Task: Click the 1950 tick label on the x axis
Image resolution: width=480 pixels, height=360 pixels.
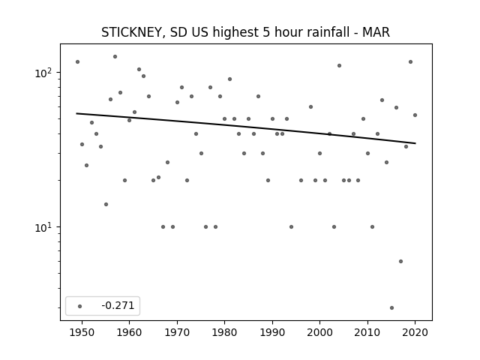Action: tap(82, 332)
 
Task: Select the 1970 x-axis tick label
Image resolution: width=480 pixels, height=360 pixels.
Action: tap(177, 332)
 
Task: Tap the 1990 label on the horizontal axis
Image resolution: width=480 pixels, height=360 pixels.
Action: tap(272, 332)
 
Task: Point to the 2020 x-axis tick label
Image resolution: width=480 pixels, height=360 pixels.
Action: tap(415, 332)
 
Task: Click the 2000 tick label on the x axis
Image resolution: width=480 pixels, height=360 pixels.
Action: tap(320, 332)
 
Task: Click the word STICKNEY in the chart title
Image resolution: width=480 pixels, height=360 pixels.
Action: tap(133, 32)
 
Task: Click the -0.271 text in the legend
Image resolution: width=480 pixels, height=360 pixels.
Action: tap(118, 305)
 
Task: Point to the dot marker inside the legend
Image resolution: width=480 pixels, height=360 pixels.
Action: tap(79, 306)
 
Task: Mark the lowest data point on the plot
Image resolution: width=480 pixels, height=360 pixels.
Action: tap(391, 307)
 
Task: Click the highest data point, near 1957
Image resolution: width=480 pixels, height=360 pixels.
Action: tap(115, 57)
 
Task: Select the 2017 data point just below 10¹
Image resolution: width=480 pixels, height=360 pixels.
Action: tap(400, 261)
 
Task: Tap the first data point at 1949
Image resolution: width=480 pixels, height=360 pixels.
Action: tap(77, 61)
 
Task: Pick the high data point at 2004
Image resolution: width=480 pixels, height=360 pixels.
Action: tap(339, 65)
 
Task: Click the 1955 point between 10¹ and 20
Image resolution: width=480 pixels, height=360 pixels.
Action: tap(106, 204)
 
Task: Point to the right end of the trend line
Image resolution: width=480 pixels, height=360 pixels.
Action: tap(415, 143)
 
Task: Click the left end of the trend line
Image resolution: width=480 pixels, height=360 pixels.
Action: tap(76, 113)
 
